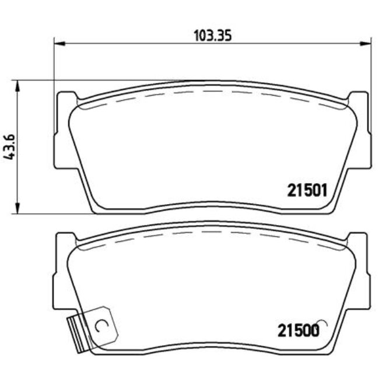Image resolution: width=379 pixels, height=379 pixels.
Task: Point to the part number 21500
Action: (298, 331)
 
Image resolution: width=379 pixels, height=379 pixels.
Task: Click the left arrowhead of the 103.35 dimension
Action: (58, 43)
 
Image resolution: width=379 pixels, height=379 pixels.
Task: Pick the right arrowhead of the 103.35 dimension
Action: (367, 43)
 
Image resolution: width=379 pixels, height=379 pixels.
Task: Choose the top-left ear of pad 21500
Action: (65, 239)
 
